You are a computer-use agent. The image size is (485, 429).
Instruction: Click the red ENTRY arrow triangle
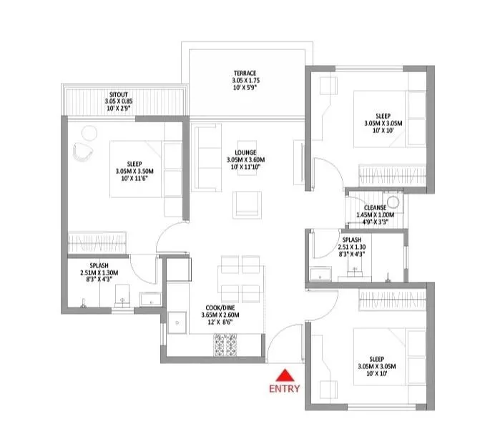point(284,375)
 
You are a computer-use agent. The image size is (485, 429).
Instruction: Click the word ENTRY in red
point(284,390)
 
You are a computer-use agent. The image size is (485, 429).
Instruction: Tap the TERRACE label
point(245,74)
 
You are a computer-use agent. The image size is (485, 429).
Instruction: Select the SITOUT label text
point(119,94)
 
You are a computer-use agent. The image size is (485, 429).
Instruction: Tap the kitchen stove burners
point(226,344)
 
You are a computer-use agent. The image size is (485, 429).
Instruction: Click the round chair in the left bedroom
point(88,132)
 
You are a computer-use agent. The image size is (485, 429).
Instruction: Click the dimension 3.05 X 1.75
point(245,82)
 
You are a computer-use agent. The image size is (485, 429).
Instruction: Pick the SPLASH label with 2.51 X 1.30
point(351,240)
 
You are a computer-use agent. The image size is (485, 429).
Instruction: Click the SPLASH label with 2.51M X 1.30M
point(99,265)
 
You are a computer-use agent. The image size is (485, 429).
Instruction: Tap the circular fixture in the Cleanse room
point(393,202)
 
